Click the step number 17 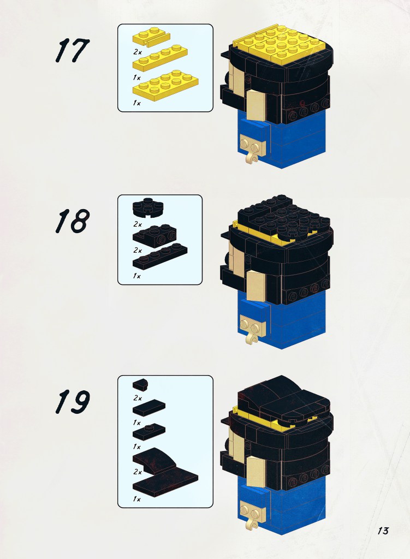click(73, 50)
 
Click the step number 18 click(73, 221)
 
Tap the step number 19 click(73, 402)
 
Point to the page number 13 click(383, 531)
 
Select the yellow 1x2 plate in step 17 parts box click(151, 37)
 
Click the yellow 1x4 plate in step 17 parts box click(160, 58)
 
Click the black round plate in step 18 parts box click(148, 207)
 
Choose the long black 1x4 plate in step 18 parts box click(160, 257)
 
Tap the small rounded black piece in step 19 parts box click(140, 384)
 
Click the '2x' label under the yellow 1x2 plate click(138, 52)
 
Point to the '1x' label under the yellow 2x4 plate click(136, 103)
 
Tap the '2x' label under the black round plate click(138, 224)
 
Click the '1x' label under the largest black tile click(136, 499)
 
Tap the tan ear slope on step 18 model click(256, 284)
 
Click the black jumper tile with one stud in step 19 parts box click(149, 432)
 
